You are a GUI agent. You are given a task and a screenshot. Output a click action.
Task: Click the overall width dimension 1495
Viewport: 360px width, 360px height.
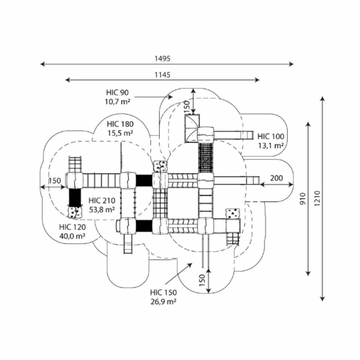(x=163, y=58)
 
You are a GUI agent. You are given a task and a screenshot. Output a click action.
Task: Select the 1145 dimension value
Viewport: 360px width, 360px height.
(x=163, y=74)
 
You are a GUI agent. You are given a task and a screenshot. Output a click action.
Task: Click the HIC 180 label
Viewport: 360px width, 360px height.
(x=120, y=124)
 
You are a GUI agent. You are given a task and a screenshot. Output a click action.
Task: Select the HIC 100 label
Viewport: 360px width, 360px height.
(x=271, y=136)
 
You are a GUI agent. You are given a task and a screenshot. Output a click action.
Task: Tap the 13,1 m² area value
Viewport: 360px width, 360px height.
(x=271, y=145)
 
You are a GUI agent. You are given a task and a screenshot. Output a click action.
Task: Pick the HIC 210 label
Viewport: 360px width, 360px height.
(x=102, y=200)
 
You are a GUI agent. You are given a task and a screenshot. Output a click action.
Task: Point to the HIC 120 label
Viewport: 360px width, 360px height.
(x=72, y=227)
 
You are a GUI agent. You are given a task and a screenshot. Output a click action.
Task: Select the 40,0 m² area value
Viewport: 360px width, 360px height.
(x=72, y=236)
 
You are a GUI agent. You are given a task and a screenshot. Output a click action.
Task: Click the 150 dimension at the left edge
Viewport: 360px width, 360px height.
(x=55, y=180)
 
